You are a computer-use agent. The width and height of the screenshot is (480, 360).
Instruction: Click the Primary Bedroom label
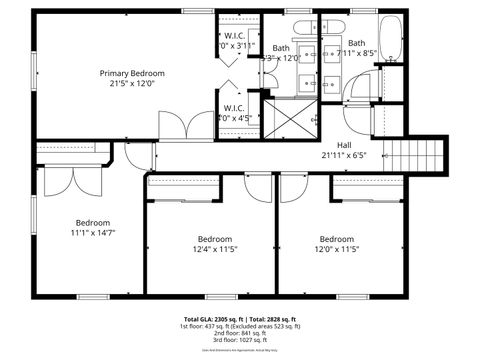[131, 73]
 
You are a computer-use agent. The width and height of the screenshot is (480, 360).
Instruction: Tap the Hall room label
[344, 144]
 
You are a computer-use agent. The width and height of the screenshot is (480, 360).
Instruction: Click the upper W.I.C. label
[236, 36]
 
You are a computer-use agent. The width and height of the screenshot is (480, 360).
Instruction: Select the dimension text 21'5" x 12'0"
[131, 85]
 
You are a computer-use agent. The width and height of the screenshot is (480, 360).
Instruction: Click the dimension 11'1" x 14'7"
[93, 233]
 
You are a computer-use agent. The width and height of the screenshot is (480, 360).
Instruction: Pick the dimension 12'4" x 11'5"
[214, 250]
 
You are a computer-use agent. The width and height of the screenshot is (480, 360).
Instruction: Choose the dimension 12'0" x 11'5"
[336, 250]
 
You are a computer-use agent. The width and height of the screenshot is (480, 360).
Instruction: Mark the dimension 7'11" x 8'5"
[355, 54]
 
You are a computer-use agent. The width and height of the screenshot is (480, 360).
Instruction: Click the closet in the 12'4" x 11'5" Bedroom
[183, 181]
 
